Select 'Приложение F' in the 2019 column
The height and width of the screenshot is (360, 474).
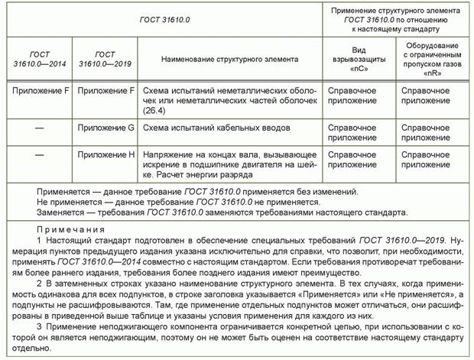[x=106, y=91]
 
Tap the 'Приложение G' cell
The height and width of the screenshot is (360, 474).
[x=106, y=128]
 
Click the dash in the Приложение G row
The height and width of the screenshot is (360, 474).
[x=39, y=128]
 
